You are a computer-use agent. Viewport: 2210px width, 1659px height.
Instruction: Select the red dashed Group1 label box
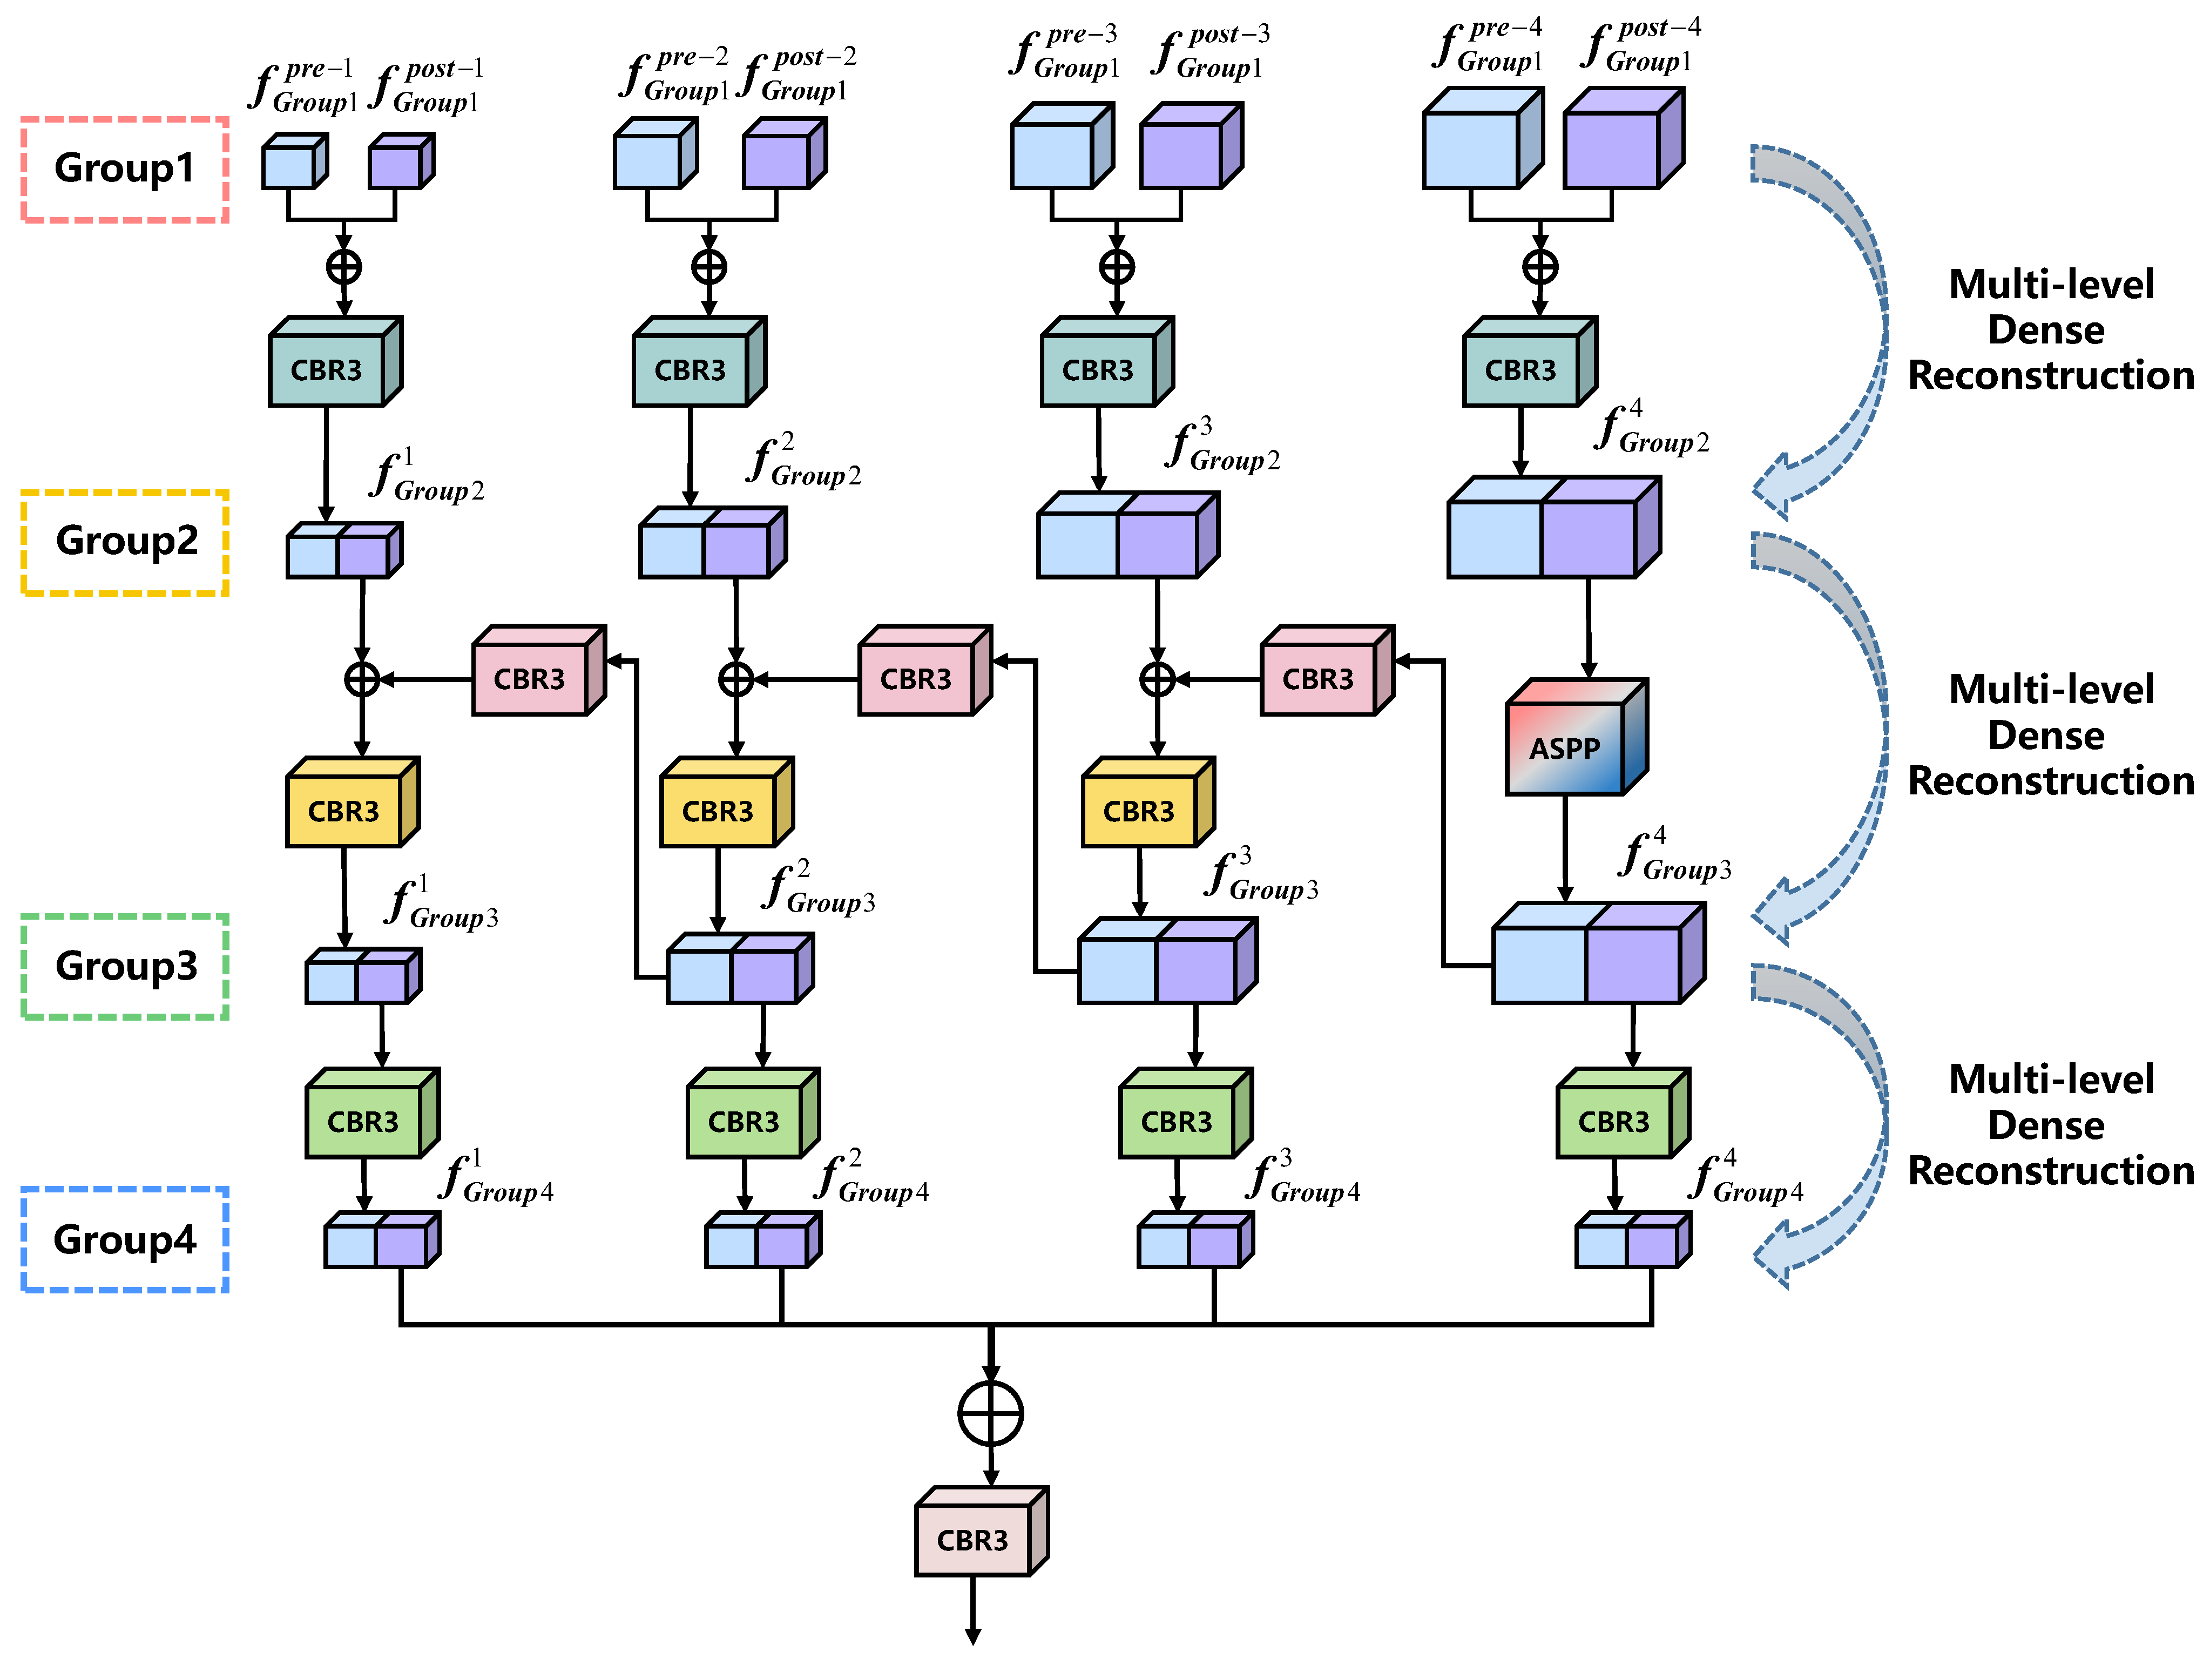[x=125, y=169]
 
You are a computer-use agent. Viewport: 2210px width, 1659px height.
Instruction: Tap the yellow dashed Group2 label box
[x=125, y=542]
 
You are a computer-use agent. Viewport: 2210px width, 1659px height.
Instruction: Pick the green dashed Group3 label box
[x=125, y=967]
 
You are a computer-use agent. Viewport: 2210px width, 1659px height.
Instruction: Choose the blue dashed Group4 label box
[x=125, y=1239]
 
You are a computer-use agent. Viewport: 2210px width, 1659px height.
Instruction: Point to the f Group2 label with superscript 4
[x=1651, y=430]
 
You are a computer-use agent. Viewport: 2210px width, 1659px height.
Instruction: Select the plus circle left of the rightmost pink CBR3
[x=1157, y=679]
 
